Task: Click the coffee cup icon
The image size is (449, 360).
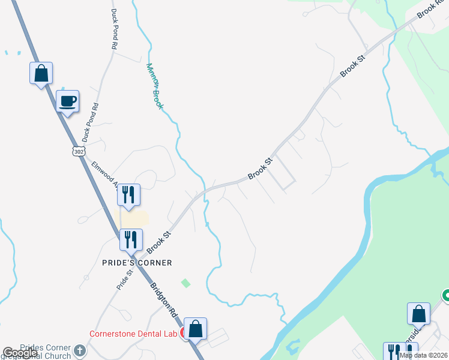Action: [67, 101]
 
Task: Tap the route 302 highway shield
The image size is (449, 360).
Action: [79, 151]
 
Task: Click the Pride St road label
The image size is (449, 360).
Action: [125, 280]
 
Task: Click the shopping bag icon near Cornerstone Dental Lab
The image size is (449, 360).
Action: [195, 328]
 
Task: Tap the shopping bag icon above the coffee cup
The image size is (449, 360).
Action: [41, 73]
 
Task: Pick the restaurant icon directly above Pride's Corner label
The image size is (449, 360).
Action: [130, 239]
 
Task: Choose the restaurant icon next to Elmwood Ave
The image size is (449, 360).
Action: [128, 194]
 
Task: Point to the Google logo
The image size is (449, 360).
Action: [20, 353]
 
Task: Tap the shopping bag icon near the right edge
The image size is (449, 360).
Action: [418, 313]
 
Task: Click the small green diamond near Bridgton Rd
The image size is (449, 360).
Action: [185, 283]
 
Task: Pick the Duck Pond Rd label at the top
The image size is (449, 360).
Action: [113, 29]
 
